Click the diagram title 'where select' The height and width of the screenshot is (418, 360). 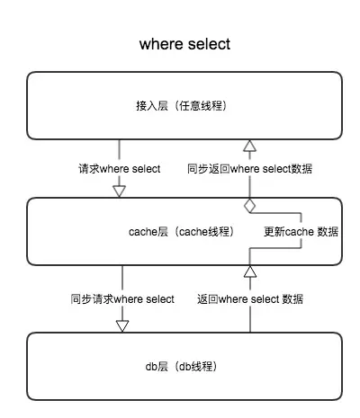point(184,44)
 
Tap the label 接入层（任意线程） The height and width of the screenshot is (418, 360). point(181,105)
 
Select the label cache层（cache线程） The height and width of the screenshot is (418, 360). point(181,232)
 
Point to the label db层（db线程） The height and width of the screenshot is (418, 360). point(181,366)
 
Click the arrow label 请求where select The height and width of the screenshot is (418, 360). point(120,169)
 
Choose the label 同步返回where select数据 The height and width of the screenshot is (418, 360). point(249,169)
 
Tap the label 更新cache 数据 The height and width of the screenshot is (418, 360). point(301,232)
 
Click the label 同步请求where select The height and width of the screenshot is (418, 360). point(122,299)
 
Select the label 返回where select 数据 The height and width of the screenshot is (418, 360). point(250,299)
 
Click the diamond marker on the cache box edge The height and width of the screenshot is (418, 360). point(249,206)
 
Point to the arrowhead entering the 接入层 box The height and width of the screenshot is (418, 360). point(249,146)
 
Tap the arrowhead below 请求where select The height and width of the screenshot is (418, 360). point(119,191)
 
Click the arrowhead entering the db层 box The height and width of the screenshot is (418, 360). point(122,326)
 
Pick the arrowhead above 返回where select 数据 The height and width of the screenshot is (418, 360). point(250,271)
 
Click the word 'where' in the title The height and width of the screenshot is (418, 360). point(161,44)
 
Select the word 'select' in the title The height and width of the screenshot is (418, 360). point(210,44)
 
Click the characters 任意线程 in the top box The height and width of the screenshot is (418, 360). point(201,105)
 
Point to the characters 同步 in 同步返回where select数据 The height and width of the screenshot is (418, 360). point(198,169)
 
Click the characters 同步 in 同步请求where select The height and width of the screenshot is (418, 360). point(81,299)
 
